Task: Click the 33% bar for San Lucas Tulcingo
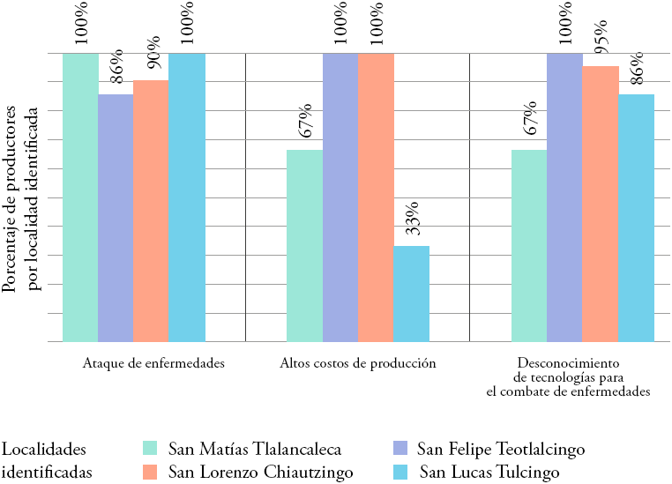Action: pos(411,294)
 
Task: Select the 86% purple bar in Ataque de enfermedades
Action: pos(116,217)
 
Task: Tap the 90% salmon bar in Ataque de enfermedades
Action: pos(151,211)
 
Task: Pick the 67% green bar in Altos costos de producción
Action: pos(305,245)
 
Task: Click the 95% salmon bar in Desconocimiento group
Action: pos(601,204)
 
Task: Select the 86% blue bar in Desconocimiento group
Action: pos(637,217)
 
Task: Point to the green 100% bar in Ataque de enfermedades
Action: pos(80,197)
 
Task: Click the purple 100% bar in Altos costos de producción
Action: pos(340,197)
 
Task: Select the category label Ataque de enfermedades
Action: pos(153,363)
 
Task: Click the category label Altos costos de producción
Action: pos(358,363)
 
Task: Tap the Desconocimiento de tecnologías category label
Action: pos(569,377)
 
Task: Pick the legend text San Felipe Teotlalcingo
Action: pos(500,450)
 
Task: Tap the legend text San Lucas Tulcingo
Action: pos(489,473)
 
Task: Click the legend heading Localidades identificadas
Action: pos(46,460)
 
